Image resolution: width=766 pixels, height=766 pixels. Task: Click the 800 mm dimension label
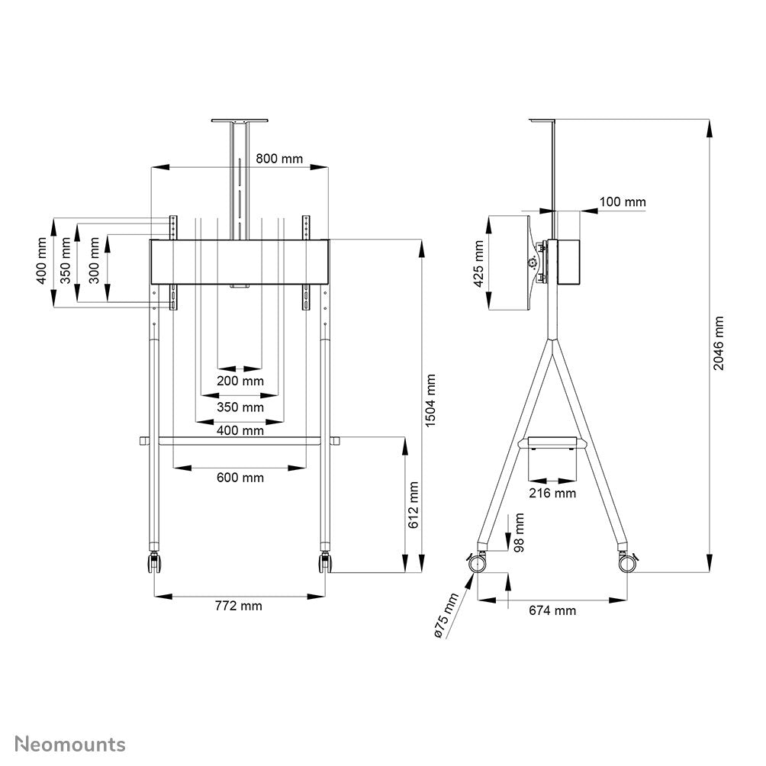tap(279, 159)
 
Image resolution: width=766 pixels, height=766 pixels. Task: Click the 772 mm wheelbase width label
tap(238, 606)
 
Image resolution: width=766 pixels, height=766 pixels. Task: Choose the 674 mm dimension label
tap(552, 610)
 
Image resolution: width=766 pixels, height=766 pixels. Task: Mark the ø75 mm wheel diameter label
tap(443, 615)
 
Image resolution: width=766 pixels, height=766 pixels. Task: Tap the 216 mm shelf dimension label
tap(552, 493)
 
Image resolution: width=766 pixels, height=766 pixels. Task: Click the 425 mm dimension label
tap(479, 264)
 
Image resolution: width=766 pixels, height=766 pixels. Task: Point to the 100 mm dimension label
tap(622, 202)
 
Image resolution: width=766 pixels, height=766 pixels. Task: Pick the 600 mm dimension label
tap(240, 478)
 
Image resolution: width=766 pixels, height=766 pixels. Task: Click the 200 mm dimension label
tap(240, 381)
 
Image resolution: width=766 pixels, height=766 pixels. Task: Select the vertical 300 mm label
tap(94, 261)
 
